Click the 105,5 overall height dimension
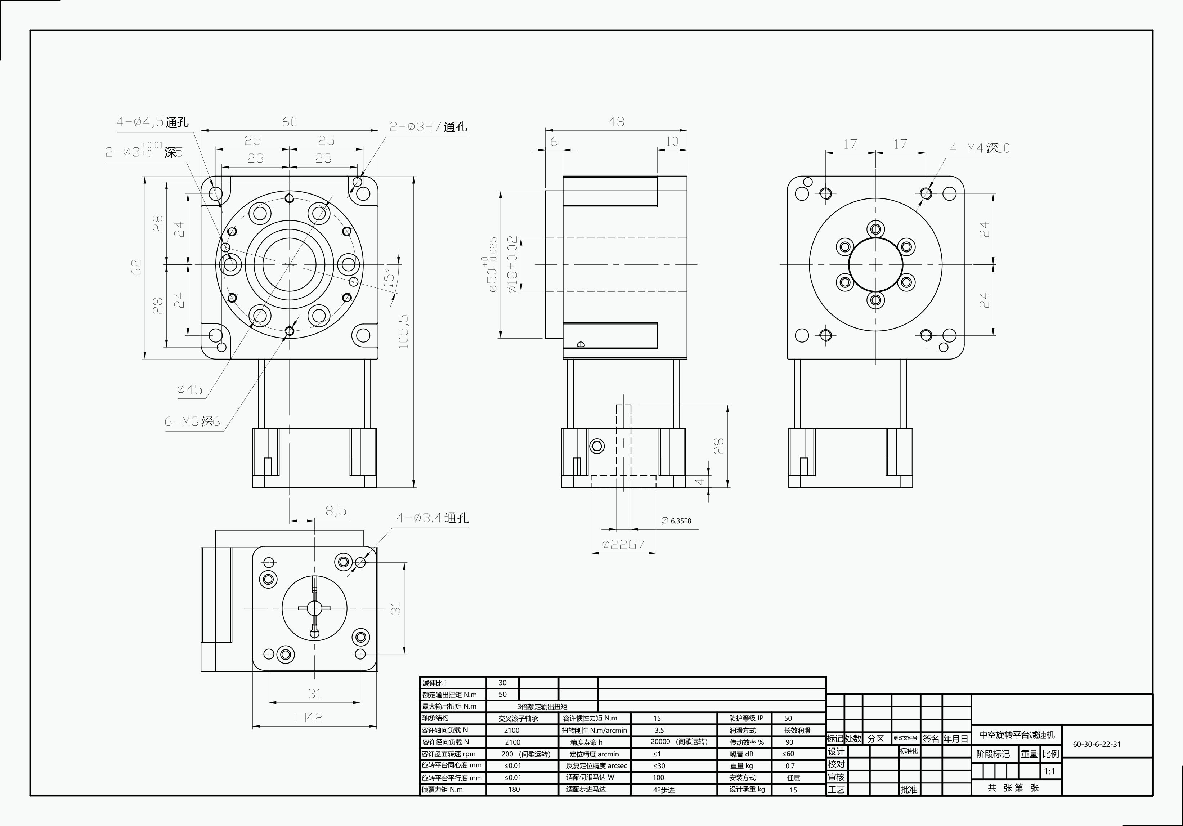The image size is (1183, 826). tap(403, 331)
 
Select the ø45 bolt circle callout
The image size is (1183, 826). tap(190, 389)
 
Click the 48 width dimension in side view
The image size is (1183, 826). tap(616, 122)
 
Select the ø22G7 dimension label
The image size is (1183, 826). tap(623, 545)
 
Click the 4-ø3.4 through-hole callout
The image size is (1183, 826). tap(432, 518)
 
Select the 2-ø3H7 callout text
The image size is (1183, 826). tap(428, 127)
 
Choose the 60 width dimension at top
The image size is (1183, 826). tap(289, 122)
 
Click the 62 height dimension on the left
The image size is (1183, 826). tap(136, 267)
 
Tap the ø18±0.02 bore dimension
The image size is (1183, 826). tap(512, 265)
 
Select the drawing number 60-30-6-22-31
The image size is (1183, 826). tap(1097, 744)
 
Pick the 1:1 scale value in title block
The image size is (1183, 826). tap(1049, 771)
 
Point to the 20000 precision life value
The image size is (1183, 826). tap(660, 741)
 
